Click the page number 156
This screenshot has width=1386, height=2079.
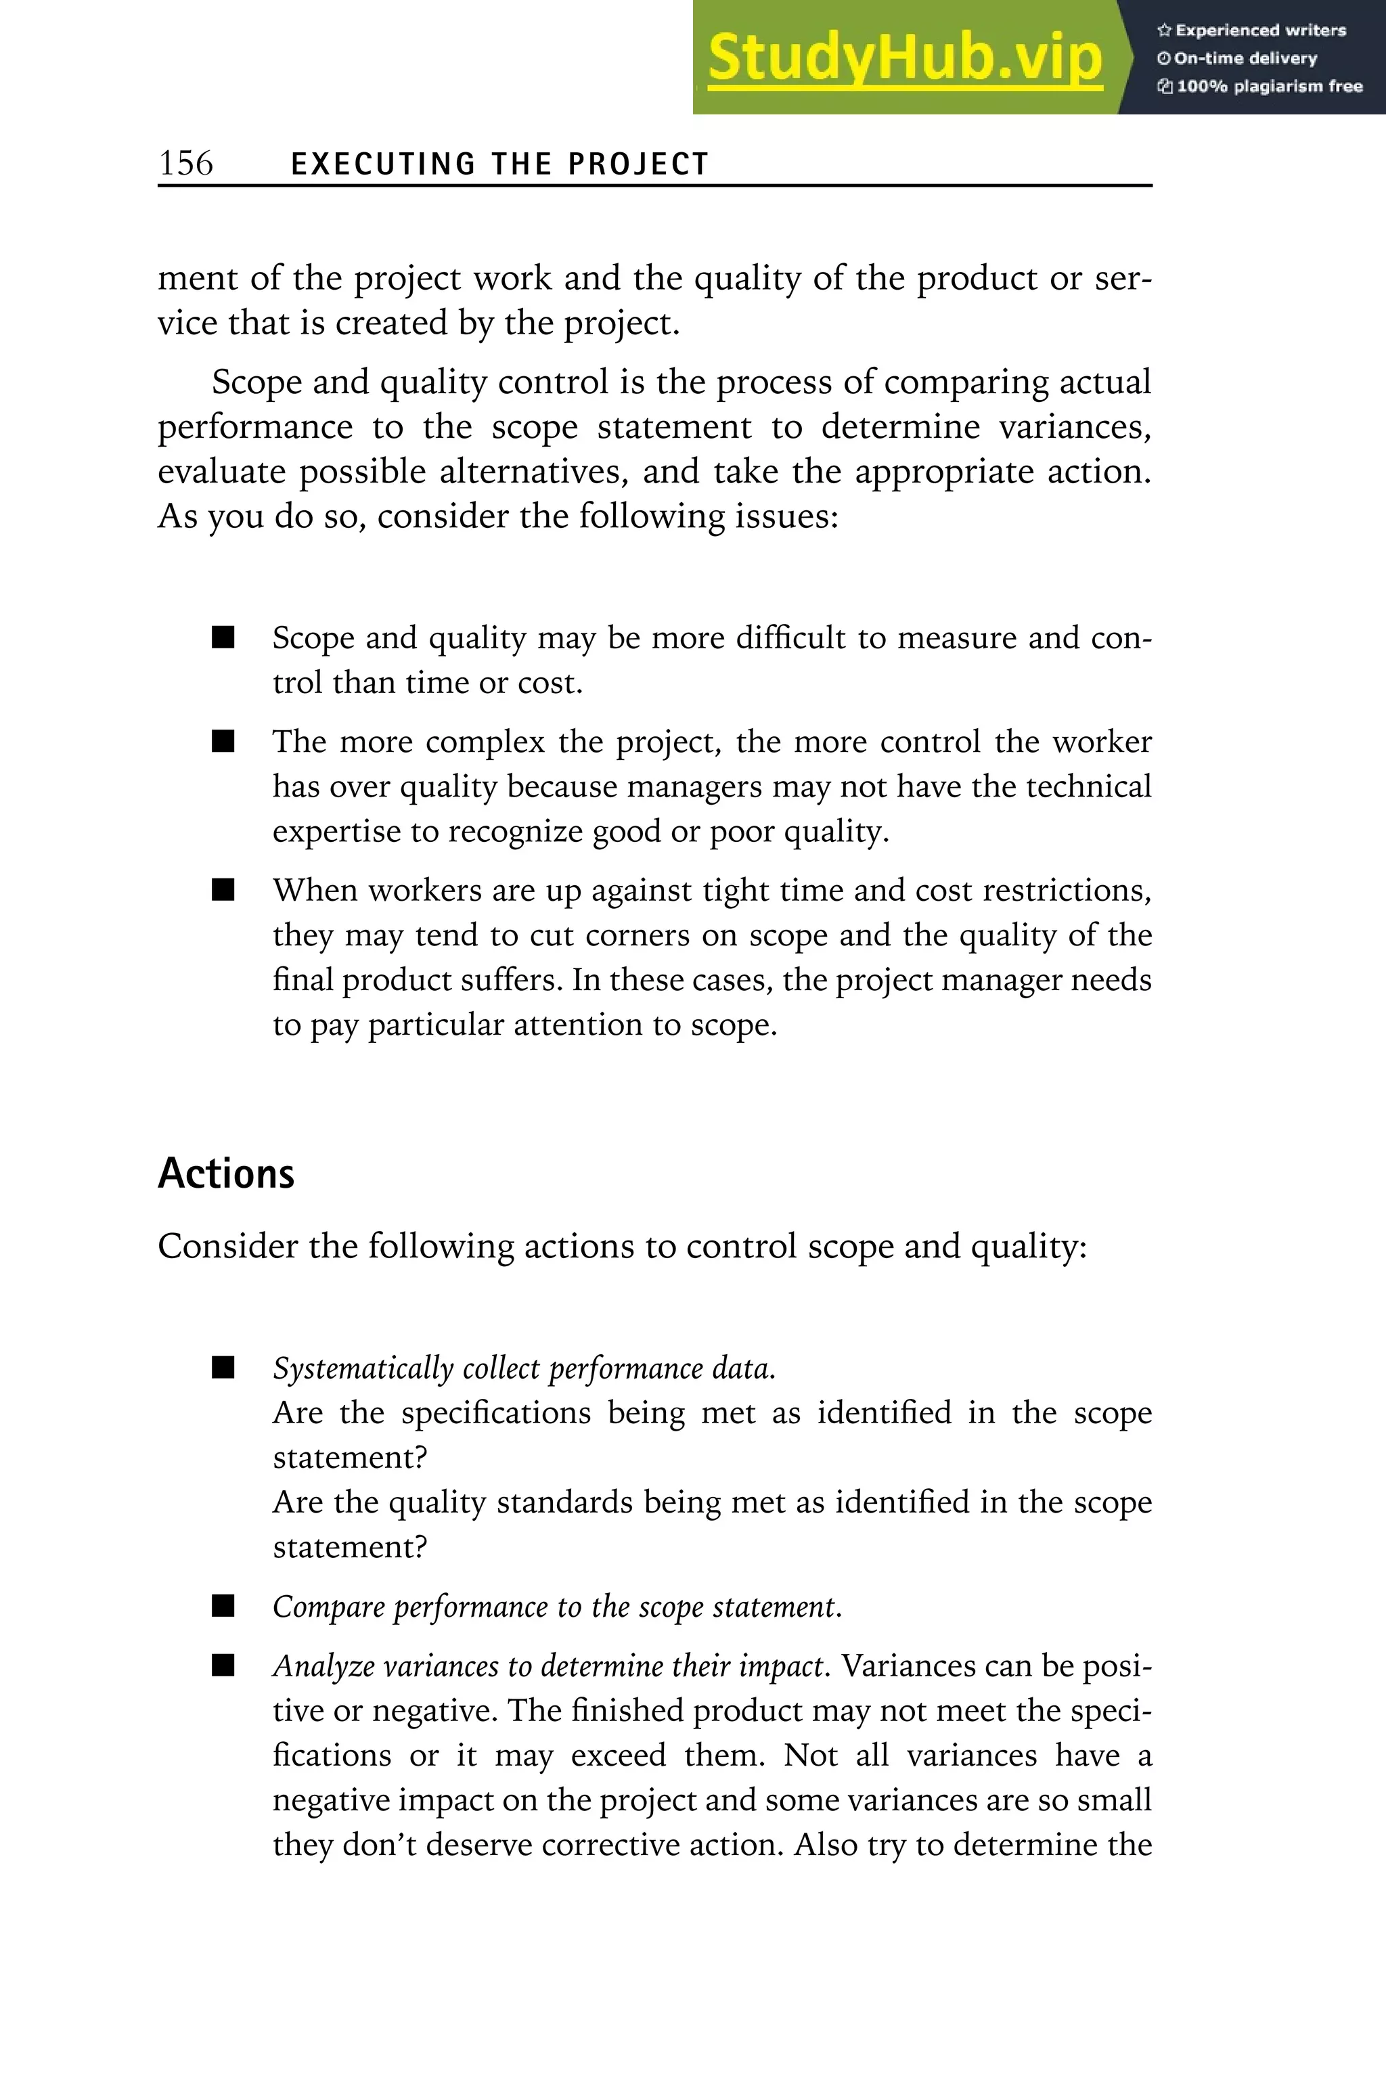pos(185,164)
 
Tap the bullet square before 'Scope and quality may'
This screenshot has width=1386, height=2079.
pos(223,638)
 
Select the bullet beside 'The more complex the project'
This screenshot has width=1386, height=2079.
pos(223,742)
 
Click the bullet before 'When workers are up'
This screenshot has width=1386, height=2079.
pos(223,890)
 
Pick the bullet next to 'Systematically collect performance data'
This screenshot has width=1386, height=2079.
pos(223,1369)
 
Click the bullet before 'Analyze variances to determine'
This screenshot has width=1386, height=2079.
pos(223,1666)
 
